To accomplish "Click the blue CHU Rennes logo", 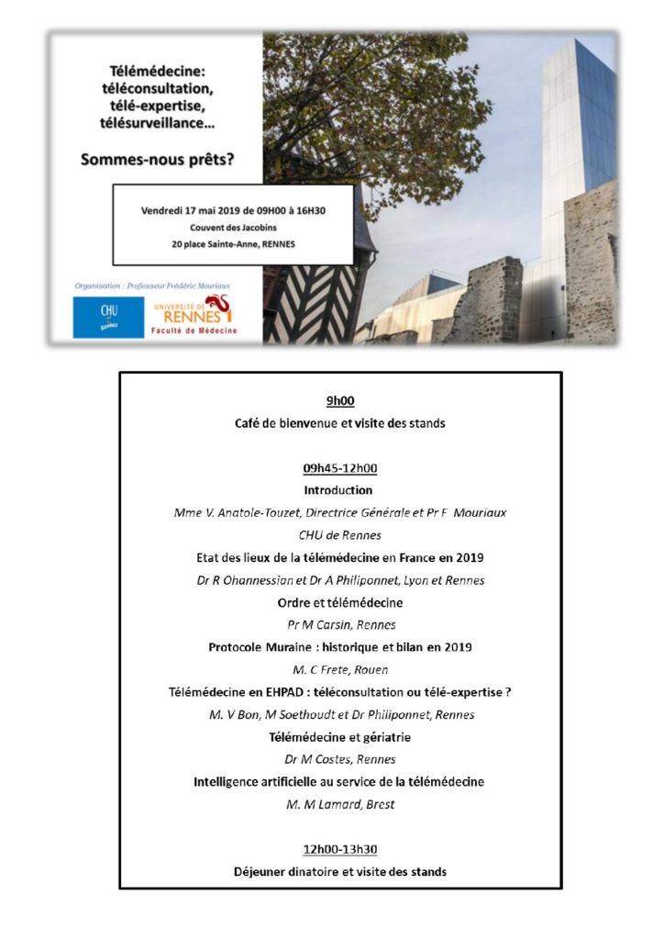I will pos(108,317).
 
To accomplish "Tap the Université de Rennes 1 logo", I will pos(194,316).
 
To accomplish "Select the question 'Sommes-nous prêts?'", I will pos(158,158).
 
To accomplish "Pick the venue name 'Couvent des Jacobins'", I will pos(234,228).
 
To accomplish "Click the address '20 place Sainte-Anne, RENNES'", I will pos(234,245).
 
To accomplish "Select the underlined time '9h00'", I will pos(339,401).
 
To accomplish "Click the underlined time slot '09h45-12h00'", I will pos(339,467).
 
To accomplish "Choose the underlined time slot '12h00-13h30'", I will pos(339,849).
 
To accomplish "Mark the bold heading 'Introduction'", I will pos(338,490).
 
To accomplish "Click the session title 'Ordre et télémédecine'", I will pos(339,602).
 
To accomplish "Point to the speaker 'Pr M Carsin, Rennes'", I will pos(339,625).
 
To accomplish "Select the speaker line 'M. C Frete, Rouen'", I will pos(339,670).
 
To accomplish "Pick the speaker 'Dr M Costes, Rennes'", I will pos(339,759).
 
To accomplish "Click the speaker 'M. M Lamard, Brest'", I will pos(339,804).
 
